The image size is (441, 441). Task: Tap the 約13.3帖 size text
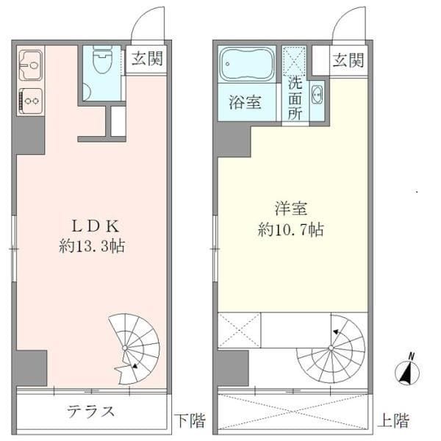[x=91, y=247]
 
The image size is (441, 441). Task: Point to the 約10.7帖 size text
[x=291, y=229]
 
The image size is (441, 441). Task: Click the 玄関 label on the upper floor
[x=348, y=60]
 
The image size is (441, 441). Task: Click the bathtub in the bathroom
[x=247, y=64]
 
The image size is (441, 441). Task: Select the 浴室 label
[x=245, y=103]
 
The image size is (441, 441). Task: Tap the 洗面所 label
[x=295, y=98]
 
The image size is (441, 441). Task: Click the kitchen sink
[x=29, y=65]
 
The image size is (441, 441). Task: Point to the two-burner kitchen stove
[x=29, y=98]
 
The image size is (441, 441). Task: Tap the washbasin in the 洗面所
[x=317, y=94]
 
